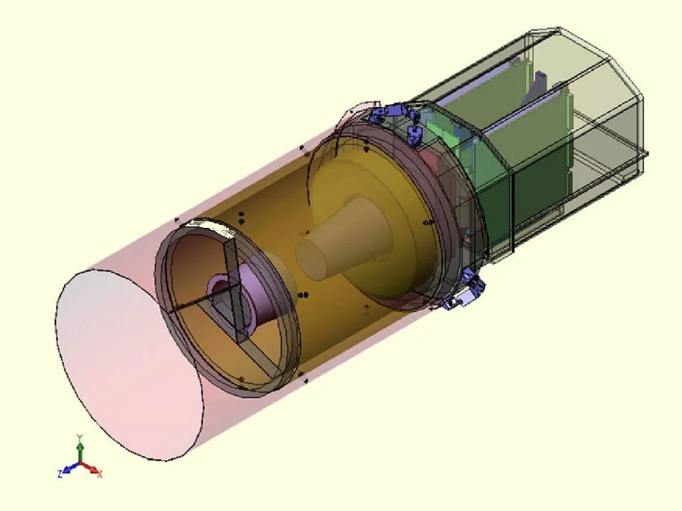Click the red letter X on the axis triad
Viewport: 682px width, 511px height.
coord(100,475)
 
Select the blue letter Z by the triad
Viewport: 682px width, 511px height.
coord(58,473)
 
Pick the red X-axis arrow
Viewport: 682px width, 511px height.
coord(90,467)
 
